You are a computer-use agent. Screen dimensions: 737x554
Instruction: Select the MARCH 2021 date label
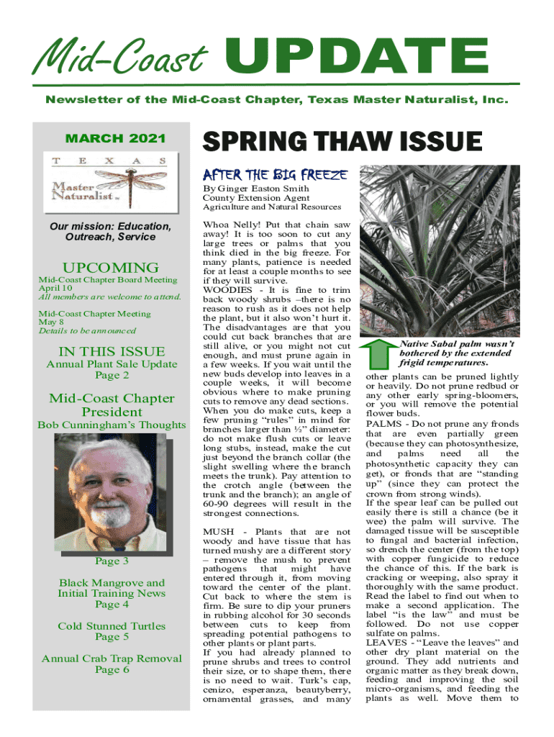point(116,138)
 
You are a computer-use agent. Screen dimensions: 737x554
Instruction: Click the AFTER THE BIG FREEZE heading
point(276,174)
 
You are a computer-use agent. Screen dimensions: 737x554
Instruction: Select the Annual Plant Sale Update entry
point(112,364)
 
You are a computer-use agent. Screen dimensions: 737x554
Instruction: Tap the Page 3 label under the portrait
point(112,561)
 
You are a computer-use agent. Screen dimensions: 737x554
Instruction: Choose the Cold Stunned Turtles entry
point(112,626)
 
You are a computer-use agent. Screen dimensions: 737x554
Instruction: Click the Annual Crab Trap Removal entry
point(112,659)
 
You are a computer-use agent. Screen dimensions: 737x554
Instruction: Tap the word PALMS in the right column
point(384,424)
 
